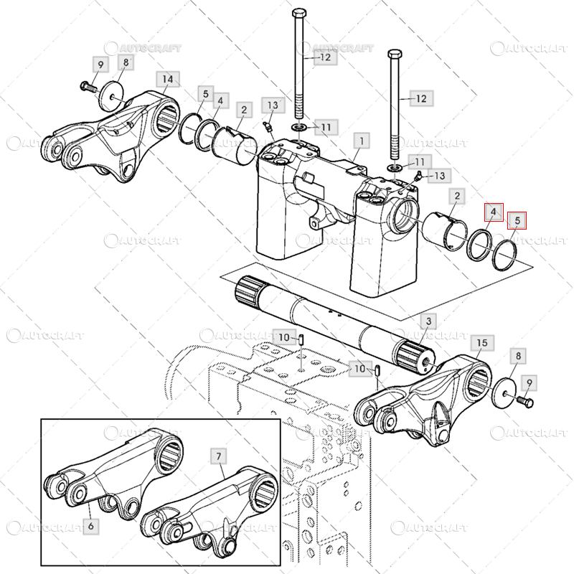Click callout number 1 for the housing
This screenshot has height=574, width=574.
point(362,141)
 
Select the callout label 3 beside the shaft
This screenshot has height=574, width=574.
point(428,321)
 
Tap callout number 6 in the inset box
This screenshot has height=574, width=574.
point(91,527)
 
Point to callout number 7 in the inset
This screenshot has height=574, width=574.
point(219,456)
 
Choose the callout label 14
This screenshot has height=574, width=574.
point(168,79)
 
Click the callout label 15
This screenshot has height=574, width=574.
point(482,343)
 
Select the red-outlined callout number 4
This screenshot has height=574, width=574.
point(494,212)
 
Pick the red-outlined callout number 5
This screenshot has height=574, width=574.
point(517,220)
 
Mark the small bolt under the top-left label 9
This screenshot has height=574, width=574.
point(88,87)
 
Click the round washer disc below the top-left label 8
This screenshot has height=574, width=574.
point(112,97)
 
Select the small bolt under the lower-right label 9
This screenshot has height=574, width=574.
point(525,402)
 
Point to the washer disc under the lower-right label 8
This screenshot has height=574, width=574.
point(504,392)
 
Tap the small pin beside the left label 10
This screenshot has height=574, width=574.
point(301,339)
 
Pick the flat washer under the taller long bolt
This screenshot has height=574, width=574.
point(299,128)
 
